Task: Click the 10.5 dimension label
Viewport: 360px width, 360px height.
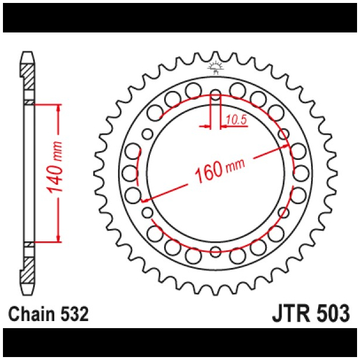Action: [x=235, y=120]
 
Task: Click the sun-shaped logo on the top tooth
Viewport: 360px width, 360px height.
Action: [x=215, y=67]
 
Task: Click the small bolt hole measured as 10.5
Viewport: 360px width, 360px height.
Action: [x=215, y=96]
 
